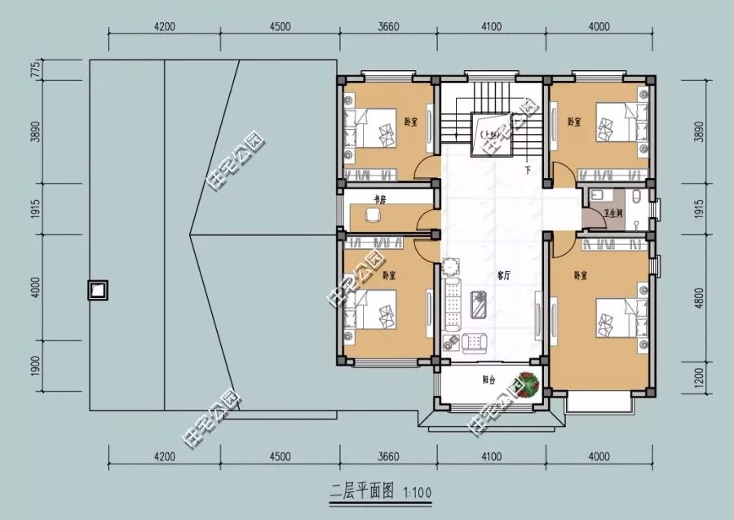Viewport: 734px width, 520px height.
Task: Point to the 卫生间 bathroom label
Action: [x=613, y=213]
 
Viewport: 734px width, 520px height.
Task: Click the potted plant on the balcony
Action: [x=526, y=383]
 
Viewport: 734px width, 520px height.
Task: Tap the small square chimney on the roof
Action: [x=98, y=290]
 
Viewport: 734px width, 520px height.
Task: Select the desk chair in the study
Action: [x=373, y=216]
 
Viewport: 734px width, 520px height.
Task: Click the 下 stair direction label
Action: [x=528, y=171]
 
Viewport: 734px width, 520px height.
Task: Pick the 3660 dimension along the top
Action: [x=389, y=25]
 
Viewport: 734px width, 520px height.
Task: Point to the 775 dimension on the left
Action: [x=35, y=70]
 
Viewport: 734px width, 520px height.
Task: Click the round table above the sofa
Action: [x=452, y=267]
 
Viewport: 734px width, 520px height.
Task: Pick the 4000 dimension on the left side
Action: [x=35, y=287]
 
